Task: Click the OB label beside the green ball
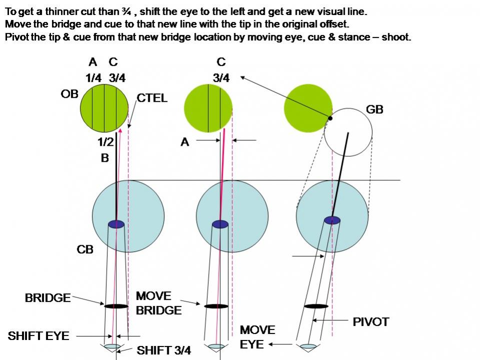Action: pyautogui.click(x=70, y=95)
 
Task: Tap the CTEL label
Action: pyautogui.click(x=152, y=98)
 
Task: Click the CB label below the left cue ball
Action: pyautogui.click(x=85, y=249)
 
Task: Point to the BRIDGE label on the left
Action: pyautogui.click(x=48, y=298)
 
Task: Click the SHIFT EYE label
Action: pyautogui.click(x=38, y=335)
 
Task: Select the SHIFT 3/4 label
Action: pyautogui.click(x=164, y=350)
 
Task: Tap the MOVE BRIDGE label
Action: pyautogui.click(x=158, y=303)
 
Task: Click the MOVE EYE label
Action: pyautogui.click(x=257, y=337)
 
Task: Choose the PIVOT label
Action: pyautogui.click(x=371, y=322)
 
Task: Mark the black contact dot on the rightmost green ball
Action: pyautogui.click(x=330, y=118)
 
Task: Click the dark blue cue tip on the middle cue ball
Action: pyautogui.click(x=220, y=224)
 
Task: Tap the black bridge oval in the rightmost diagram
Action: pyautogui.click(x=316, y=306)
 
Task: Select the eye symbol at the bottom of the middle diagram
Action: pyautogui.click(x=216, y=346)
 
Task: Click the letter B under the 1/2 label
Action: pyautogui.click(x=105, y=158)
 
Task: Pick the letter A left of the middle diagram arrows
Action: pyautogui.click(x=185, y=142)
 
